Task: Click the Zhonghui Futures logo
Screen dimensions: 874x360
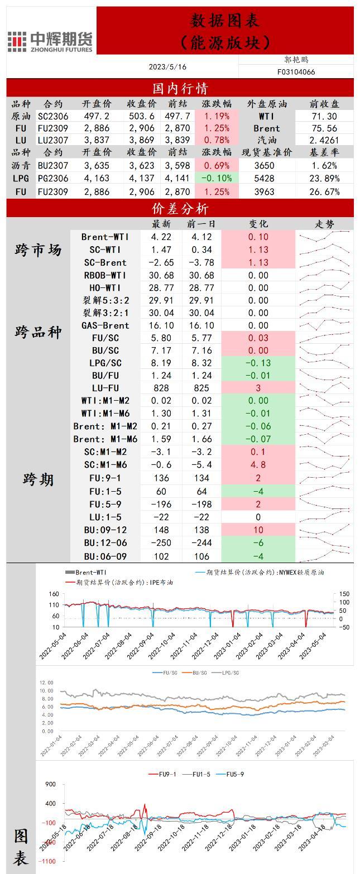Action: tap(50, 41)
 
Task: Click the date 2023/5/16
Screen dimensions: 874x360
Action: tap(167, 67)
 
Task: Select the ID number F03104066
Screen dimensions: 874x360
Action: tap(296, 72)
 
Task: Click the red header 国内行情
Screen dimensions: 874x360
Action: tap(180, 88)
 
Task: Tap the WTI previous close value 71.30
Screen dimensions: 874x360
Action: tap(324, 117)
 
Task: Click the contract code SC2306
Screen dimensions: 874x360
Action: tap(53, 117)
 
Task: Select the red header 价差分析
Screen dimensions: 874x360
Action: tap(180, 209)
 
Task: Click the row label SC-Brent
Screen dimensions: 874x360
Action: tap(105, 262)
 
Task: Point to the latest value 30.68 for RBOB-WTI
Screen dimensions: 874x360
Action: tap(162, 275)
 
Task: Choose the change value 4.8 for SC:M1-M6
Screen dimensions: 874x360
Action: tap(258, 465)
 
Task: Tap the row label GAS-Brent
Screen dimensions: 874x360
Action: tap(105, 325)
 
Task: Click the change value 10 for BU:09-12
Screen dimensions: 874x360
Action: tap(258, 530)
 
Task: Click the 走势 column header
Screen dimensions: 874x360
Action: tap(325, 224)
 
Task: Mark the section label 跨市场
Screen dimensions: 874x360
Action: tap(38, 250)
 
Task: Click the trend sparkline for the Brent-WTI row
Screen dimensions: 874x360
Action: tap(324, 237)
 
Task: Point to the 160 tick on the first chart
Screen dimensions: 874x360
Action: tap(54, 594)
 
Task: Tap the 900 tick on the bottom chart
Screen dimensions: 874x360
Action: tap(50, 784)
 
